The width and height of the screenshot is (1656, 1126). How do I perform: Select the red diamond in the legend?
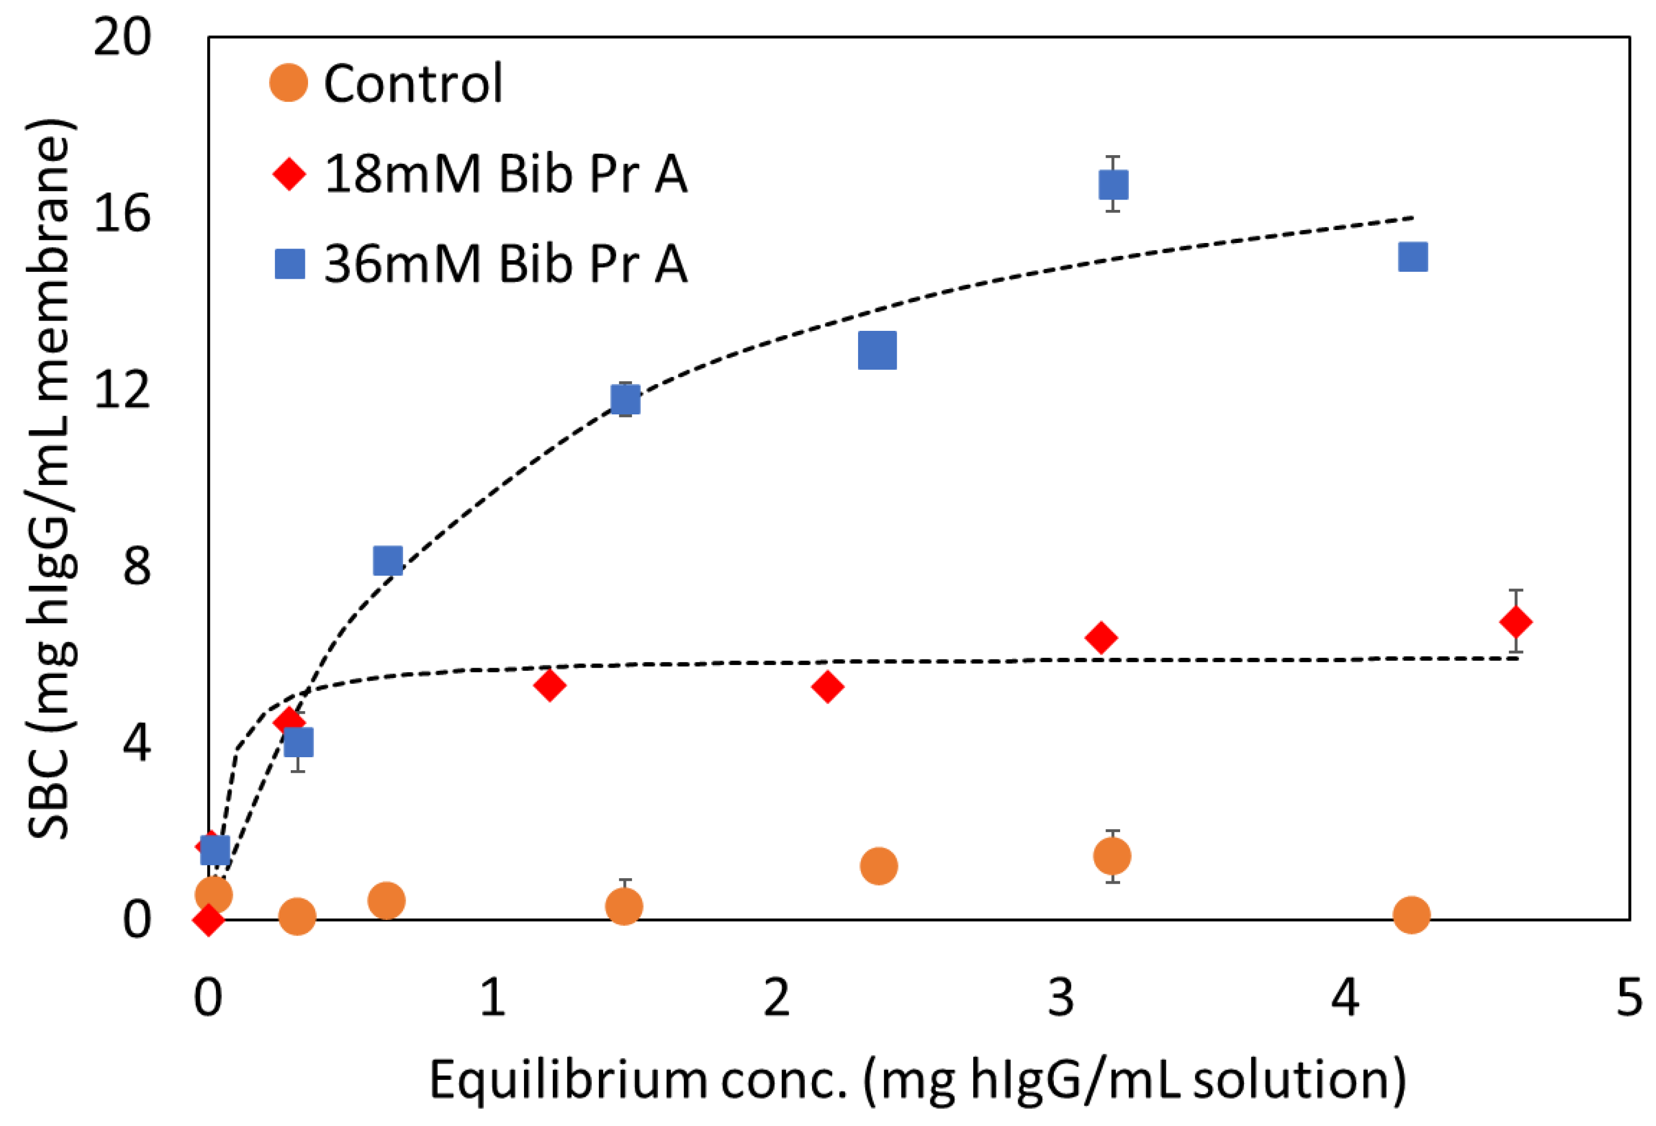(289, 174)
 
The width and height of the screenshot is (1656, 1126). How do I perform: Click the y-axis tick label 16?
(122, 213)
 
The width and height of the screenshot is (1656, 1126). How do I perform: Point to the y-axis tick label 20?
(122, 37)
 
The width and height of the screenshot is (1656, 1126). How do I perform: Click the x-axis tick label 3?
(1061, 997)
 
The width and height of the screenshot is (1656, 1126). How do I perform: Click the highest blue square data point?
(1113, 184)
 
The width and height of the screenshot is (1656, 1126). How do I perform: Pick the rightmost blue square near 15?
(1413, 257)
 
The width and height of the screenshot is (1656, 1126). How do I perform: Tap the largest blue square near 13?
(877, 350)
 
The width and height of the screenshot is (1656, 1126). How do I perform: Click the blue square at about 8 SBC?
(388, 561)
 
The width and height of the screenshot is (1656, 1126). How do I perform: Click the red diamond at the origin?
(208, 920)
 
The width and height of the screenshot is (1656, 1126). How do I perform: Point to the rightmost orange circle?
(1411, 914)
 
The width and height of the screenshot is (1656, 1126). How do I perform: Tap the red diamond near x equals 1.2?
(549, 686)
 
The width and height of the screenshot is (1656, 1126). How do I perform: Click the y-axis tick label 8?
(136, 567)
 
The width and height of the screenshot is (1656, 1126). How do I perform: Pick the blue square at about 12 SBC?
(625, 400)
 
